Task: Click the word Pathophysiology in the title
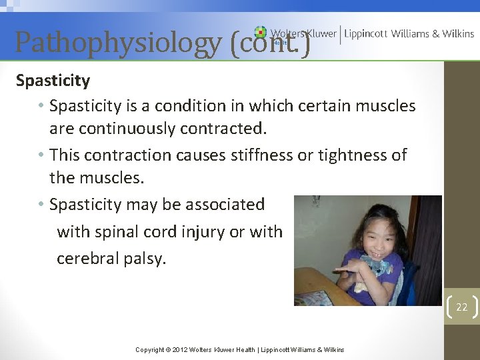coord(118,42)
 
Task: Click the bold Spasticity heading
coord(53,81)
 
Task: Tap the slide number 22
coord(461,307)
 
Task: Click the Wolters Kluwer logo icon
coord(260,32)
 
